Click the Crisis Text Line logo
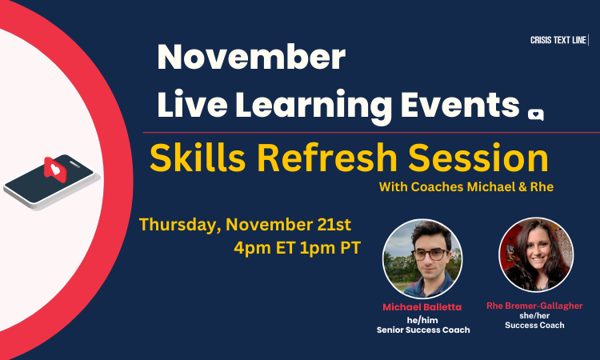(559, 40)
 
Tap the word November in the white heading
(251, 57)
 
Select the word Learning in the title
(314, 106)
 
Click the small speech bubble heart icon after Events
(536, 114)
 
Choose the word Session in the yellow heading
(478, 158)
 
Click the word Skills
(198, 158)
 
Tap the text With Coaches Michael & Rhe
(466, 186)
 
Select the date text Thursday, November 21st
(245, 225)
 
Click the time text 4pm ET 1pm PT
(298, 248)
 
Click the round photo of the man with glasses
(422, 259)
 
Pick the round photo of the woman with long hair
(536, 254)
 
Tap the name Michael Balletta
(422, 307)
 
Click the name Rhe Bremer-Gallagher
(534, 306)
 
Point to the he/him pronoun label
(422, 320)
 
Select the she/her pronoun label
(534, 316)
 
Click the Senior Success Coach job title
(423, 330)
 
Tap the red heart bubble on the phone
(55, 170)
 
